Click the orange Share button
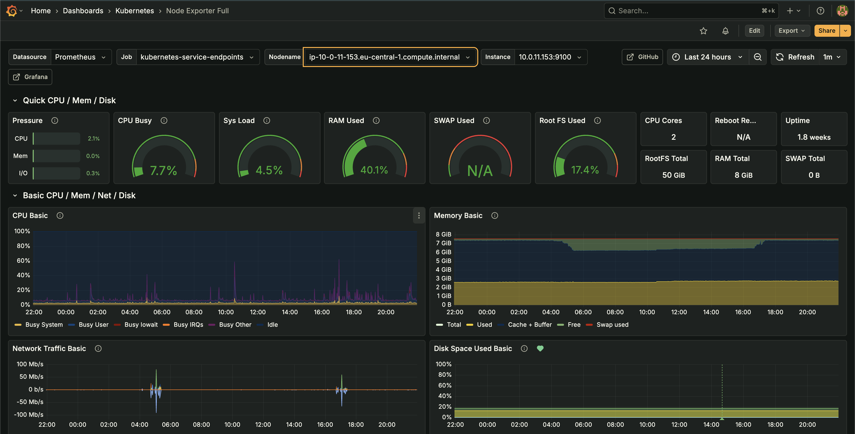(x=826, y=30)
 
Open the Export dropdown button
(x=791, y=30)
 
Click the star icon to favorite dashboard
(x=703, y=31)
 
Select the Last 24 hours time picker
(x=707, y=57)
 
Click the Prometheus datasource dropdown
(x=80, y=57)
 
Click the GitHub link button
(x=642, y=57)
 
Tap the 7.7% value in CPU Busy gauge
(x=163, y=170)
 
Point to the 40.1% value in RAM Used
(x=374, y=170)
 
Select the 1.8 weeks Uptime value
(x=814, y=137)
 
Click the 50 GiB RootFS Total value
(x=673, y=175)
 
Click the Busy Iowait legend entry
(x=141, y=324)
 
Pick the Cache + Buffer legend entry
(x=529, y=324)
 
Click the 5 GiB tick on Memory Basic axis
(x=443, y=261)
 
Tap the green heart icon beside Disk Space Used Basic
(x=540, y=348)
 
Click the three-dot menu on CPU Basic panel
(x=419, y=216)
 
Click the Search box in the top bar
(x=690, y=11)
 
